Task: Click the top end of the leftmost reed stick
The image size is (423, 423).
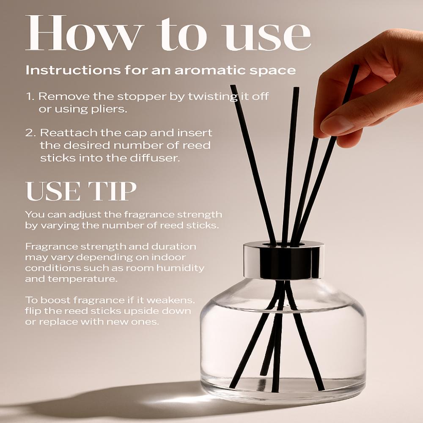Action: point(233,87)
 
